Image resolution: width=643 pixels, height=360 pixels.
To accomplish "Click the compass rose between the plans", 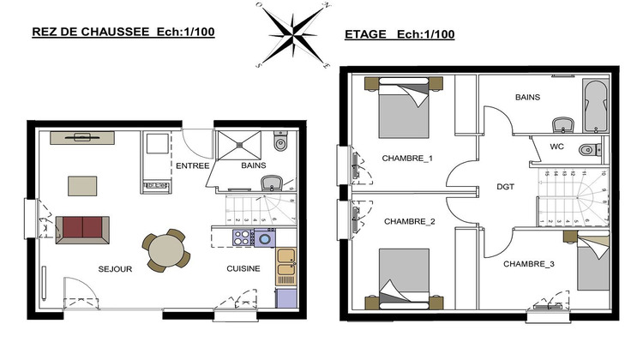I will [293, 34].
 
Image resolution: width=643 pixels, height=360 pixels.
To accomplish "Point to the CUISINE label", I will [243, 269].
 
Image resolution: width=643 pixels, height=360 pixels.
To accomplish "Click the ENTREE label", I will [192, 165].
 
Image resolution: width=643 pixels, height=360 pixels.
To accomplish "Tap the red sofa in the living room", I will [82, 228].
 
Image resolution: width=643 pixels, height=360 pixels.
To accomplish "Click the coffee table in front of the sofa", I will [83, 185].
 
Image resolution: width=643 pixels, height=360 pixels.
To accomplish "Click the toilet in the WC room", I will [587, 150].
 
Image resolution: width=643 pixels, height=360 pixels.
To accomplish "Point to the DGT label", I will [505, 185].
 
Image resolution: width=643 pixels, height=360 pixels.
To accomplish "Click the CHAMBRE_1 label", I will [407, 159].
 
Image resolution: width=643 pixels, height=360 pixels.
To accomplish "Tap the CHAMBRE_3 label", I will [528, 264].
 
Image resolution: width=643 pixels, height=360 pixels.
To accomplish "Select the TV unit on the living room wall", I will [82, 137].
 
